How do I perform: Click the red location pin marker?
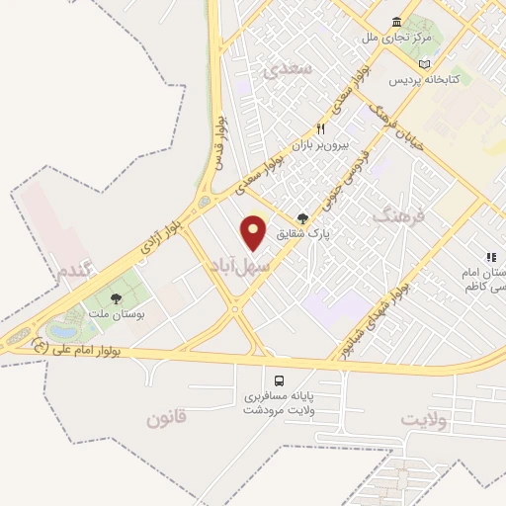[x=255, y=232]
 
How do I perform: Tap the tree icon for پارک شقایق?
[x=302, y=219]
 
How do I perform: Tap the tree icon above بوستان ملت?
[x=117, y=298]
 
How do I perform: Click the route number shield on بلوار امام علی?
[x=40, y=346]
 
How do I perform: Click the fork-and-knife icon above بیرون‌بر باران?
[x=320, y=129]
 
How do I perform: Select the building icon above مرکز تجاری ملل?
[x=396, y=23]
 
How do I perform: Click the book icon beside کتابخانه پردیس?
[x=424, y=63]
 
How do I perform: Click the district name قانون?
[x=166, y=419]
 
